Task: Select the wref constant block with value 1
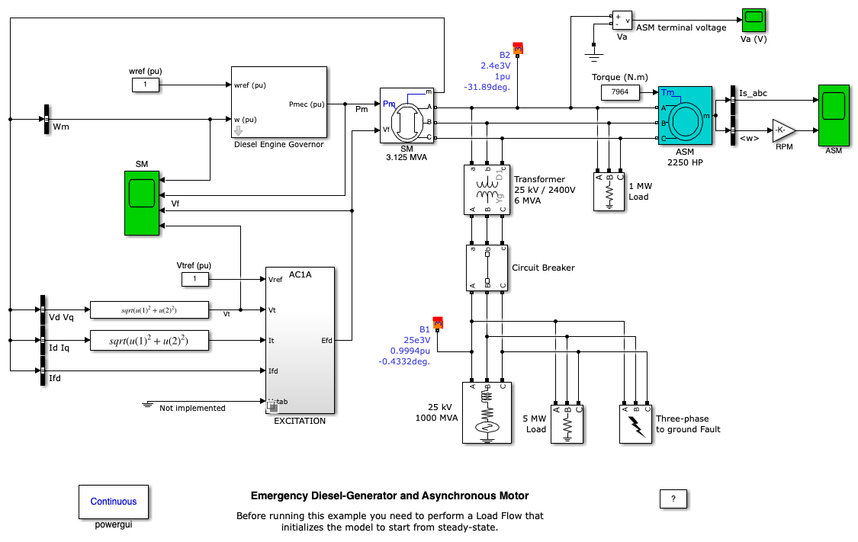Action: tap(145, 85)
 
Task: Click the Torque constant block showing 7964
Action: tap(620, 93)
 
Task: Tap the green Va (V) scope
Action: tap(754, 20)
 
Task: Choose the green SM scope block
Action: tap(142, 202)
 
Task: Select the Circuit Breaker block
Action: tap(487, 268)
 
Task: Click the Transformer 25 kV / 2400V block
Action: tap(487, 189)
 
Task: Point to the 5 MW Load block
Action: tap(567, 423)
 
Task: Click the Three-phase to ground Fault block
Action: tap(636, 423)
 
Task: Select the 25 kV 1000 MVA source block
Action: tap(487, 412)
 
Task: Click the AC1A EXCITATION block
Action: tap(300, 340)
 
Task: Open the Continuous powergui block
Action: tap(114, 501)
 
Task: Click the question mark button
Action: tap(673, 499)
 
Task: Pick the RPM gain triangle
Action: tap(782, 130)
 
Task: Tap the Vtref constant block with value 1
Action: tap(195, 280)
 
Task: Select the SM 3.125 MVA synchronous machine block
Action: tap(407, 115)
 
